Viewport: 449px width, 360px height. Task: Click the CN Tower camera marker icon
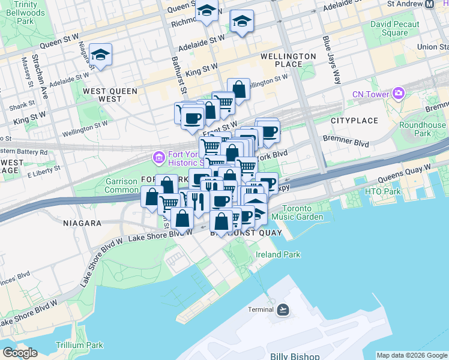tap(398, 93)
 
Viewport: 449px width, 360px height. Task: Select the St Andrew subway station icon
tap(429, 4)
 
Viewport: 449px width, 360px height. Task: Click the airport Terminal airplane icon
tap(283, 310)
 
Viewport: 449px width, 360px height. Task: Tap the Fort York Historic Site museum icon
tap(159, 157)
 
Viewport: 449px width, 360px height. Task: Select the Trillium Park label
tap(79, 345)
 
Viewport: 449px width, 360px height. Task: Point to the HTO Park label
tap(383, 191)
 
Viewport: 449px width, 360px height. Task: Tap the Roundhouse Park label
tap(423, 129)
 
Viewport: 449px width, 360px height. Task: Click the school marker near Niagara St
tap(100, 55)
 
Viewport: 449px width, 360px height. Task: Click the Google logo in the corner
tap(20, 353)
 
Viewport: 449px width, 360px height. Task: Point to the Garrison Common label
tap(122, 185)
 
